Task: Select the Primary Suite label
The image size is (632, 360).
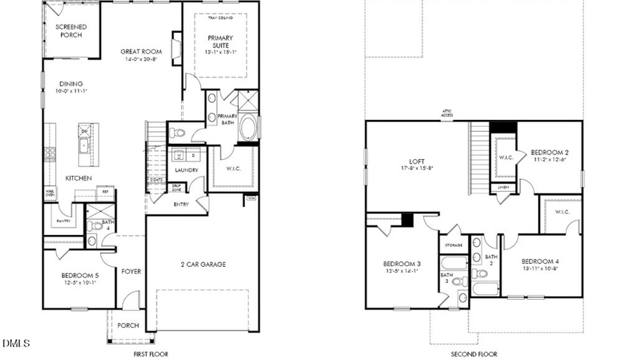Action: coord(220,41)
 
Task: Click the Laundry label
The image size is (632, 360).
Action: coord(186,171)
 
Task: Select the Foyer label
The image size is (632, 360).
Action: coord(131,271)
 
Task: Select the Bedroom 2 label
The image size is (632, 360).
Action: coord(549,152)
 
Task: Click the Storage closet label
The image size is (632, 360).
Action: coord(452,246)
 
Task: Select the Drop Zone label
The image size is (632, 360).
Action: coord(177,188)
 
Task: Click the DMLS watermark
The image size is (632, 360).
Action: coord(16,344)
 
